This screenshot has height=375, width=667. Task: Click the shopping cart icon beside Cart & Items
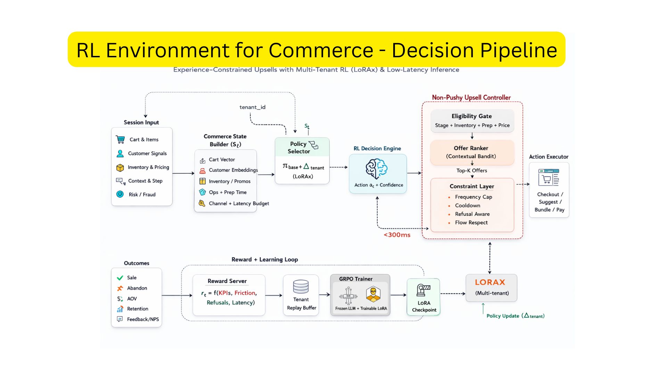point(120,140)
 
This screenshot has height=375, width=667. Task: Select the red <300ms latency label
point(397,235)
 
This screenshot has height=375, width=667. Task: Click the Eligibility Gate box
point(472,120)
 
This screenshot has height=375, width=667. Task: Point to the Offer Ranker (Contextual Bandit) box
point(471,152)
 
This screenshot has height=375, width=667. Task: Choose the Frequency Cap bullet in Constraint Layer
point(473,197)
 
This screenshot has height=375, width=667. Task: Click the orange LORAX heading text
point(490,282)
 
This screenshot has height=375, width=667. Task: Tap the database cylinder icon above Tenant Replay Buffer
point(300,287)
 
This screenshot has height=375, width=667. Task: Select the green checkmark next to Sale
point(120,278)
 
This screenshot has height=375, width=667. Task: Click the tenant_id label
point(252,107)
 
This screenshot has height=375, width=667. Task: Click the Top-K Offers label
point(471,170)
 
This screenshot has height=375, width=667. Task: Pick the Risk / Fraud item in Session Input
point(142,195)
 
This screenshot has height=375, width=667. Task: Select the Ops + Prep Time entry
point(227,192)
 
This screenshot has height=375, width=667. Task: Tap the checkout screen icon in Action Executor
point(549,177)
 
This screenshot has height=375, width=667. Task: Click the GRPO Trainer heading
point(355,279)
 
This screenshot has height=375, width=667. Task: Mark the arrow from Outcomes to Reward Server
point(177,295)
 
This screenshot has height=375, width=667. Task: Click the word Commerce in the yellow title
point(321,50)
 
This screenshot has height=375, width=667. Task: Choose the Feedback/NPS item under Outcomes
point(142,319)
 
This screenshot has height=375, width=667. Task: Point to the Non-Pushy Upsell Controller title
point(471,98)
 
